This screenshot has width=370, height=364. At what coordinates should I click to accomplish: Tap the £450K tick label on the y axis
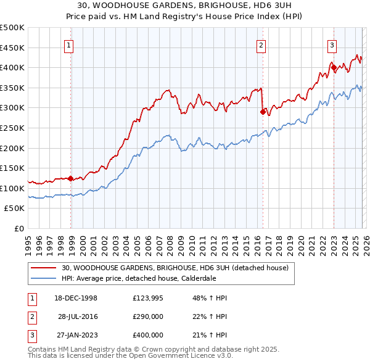[x=12, y=48]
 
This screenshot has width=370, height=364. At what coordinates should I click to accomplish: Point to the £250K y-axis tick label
[x=12, y=128]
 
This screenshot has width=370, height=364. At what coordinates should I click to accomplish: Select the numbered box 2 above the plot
[x=261, y=44]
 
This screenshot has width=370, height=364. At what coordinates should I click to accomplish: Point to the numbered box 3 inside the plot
[x=332, y=44]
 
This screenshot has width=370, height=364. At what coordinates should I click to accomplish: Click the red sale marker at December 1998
[x=71, y=179]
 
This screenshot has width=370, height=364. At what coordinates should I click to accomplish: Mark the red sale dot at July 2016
[x=263, y=112]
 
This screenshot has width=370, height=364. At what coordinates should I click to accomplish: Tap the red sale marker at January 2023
[x=334, y=67]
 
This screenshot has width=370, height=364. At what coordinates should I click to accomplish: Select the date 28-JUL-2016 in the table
[x=78, y=316]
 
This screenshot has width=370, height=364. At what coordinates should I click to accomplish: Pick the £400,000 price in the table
[x=148, y=335]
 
